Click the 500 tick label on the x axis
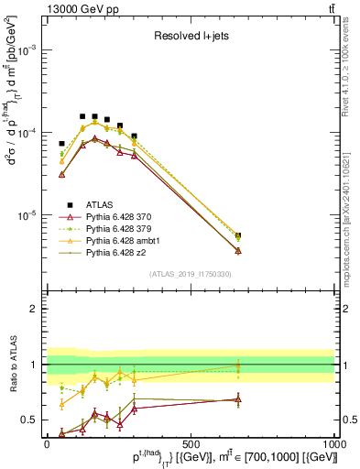[191, 443]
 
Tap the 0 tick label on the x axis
[47, 443]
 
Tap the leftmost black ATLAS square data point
[62, 144]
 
